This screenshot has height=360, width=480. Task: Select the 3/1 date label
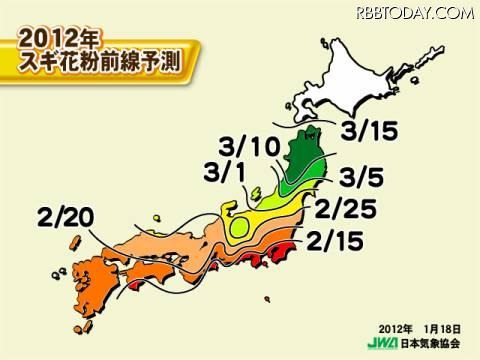[x=226, y=173]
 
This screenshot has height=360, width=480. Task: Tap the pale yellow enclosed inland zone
[x=239, y=229]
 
